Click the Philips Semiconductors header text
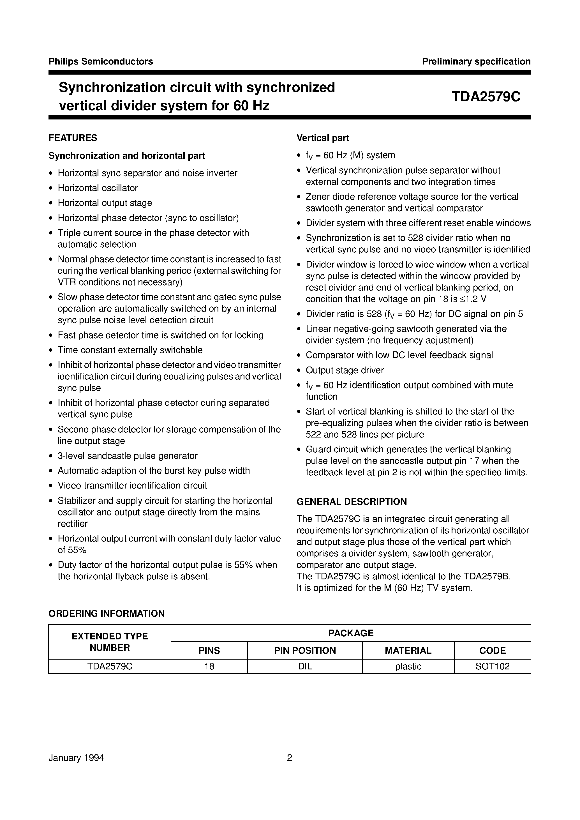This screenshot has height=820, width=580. coord(101,61)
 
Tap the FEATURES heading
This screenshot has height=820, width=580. coord(73,138)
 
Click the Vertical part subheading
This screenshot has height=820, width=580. coord(322,138)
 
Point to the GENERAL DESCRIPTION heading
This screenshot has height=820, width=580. coord(352,502)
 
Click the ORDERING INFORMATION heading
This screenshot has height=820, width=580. coord(107,614)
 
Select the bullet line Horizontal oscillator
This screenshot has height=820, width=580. coord(98,188)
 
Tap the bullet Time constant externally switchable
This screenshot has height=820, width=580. coord(130,350)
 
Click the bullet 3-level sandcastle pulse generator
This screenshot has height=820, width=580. coord(128,456)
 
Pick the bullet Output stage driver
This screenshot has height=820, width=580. coord(345,370)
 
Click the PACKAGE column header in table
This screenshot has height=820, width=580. coord(351,633)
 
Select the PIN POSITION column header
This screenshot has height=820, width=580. coord(305,651)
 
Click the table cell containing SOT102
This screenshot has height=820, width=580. coord(492,666)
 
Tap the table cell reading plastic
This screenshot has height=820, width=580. coord(408,666)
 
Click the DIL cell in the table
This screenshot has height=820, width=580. coord(305,666)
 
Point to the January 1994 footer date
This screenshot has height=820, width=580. coord(76,758)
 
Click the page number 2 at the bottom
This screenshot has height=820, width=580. coord(289,758)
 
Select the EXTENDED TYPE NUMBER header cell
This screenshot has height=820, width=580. coord(110,642)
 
